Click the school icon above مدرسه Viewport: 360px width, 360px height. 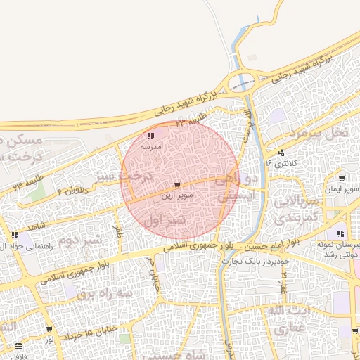point(150,136)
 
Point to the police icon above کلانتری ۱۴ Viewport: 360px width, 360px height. point(282,153)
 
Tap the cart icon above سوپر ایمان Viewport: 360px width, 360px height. point(342,179)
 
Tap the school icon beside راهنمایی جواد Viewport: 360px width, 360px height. point(15,236)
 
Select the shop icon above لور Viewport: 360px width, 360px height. point(50,330)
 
